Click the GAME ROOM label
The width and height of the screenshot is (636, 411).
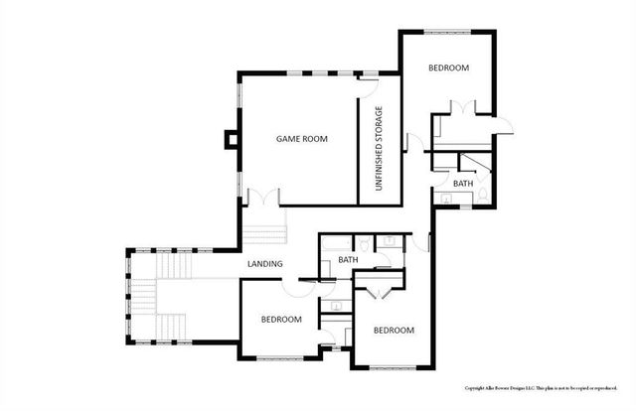coord(302,139)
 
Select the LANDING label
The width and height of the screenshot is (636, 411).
coord(265,264)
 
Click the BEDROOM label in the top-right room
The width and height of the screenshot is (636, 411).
coord(448,68)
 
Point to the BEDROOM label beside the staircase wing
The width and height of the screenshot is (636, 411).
coord(281,319)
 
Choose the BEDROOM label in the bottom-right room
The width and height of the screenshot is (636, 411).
coord(394,330)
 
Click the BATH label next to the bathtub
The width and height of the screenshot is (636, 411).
coord(348,260)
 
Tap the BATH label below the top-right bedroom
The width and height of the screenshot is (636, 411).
coord(463,184)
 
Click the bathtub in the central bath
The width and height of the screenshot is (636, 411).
coord(332,241)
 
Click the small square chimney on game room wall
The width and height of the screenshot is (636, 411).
coord(232,139)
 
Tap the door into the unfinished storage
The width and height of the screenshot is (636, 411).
coord(368,77)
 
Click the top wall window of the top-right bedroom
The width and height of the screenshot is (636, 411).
coord(449,33)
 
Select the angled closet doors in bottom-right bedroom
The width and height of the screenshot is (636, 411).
coord(379,290)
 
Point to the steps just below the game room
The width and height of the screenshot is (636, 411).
coord(264,233)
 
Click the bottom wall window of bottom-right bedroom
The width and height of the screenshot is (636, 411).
coord(394,368)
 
